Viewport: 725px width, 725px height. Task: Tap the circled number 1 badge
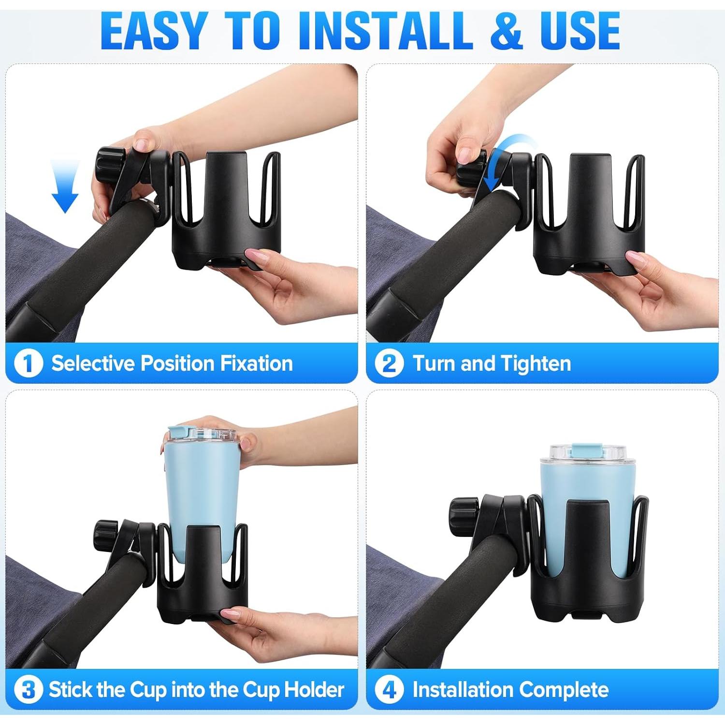[x=29, y=363]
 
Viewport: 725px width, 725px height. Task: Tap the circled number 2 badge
[x=389, y=363]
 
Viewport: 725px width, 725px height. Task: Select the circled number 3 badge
[x=29, y=690]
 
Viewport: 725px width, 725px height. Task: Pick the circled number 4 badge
[x=389, y=690]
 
